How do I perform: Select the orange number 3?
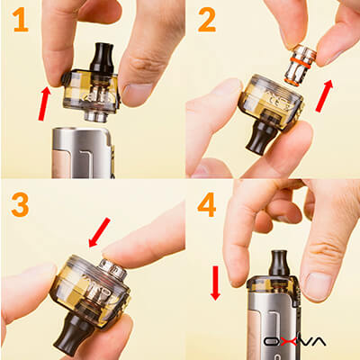pos(18,205)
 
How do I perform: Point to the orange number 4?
pos(206,205)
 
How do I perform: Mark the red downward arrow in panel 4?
pos(215,283)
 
